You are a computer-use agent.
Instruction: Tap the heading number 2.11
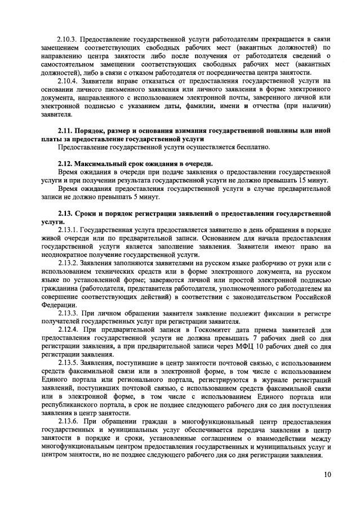pyautogui.click(x=66, y=131)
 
